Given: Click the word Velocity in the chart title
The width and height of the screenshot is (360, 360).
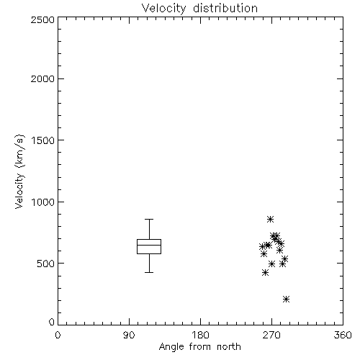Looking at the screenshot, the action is (x=163, y=9).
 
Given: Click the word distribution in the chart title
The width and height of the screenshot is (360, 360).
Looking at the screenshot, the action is (x=225, y=8).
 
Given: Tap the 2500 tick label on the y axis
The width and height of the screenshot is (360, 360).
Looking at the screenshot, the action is (x=42, y=19).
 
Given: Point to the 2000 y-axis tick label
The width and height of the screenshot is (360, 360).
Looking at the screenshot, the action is (x=42, y=78).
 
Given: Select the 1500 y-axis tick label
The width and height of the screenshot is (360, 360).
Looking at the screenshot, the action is (x=43, y=140).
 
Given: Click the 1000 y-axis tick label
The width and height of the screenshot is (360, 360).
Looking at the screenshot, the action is (x=43, y=202).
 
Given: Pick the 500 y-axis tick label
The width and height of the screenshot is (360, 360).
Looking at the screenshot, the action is (x=46, y=264).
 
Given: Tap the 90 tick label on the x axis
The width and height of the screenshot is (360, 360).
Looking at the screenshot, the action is (x=129, y=335).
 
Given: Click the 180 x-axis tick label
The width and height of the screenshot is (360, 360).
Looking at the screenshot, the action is (x=200, y=335).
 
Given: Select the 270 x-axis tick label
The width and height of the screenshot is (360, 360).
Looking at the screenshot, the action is (x=271, y=335).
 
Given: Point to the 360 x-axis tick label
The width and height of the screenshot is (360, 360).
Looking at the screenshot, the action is (x=343, y=335).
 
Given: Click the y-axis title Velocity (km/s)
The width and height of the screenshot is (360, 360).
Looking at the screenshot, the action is (x=19, y=171).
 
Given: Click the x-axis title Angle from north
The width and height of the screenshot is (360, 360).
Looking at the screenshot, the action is (x=199, y=347).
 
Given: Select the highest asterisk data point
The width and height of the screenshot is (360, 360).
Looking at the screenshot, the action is (x=270, y=219).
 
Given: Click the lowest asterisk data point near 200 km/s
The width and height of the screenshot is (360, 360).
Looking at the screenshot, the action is (x=286, y=299).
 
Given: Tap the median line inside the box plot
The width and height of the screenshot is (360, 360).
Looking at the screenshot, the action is (x=149, y=245).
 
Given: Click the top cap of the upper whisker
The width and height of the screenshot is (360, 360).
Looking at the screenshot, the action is (x=149, y=219).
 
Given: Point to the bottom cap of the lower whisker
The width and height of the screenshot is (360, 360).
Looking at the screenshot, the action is (x=149, y=272).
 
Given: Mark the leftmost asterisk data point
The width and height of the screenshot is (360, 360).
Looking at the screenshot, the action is (x=262, y=247).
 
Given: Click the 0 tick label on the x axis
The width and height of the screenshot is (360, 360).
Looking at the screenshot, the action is (x=58, y=335).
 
